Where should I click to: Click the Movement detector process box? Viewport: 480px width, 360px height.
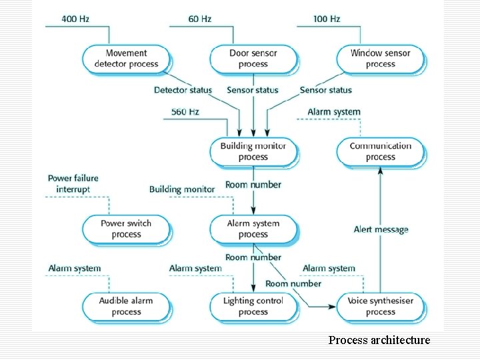coord(126,59)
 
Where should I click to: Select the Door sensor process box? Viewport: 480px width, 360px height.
coord(253,59)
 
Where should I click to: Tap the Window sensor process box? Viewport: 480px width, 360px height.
coord(380,59)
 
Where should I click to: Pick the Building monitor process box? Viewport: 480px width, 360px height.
coord(253,151)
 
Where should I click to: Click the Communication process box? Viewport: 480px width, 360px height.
coord(380,151)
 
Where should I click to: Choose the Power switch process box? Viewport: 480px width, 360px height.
coord(126,229)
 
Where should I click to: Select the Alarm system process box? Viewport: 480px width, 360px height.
coord(253,229)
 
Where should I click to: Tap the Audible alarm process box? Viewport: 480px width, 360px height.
coord(126,306)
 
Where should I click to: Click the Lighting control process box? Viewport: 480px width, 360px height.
coord(253,306)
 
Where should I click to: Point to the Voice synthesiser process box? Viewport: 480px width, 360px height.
coord(380,306)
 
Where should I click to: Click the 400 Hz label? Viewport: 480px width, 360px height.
coord(75,19)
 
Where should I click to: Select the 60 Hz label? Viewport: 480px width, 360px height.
coord(199,19)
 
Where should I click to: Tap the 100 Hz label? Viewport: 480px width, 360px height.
coord(326,19)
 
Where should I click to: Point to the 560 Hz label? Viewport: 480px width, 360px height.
coord(185,111)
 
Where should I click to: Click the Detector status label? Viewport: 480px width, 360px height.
coord(183,90)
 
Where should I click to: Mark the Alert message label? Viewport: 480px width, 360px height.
coord(381,229)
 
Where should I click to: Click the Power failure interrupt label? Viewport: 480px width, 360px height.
coord(73,183)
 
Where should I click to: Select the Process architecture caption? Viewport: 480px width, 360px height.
coord(379,340)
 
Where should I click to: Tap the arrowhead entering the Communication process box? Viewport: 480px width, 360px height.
coord(381,169)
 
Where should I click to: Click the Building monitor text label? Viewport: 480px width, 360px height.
coord(182,189)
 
